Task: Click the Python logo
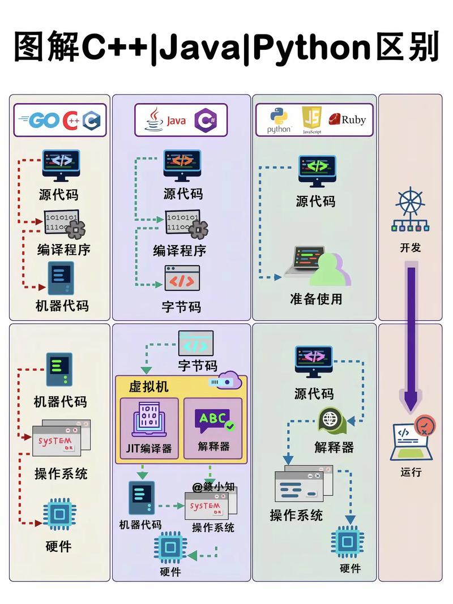279,119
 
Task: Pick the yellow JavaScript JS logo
313,119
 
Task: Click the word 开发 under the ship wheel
411,247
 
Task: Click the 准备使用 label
315,298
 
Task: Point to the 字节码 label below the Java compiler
181,306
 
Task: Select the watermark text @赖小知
213,487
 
